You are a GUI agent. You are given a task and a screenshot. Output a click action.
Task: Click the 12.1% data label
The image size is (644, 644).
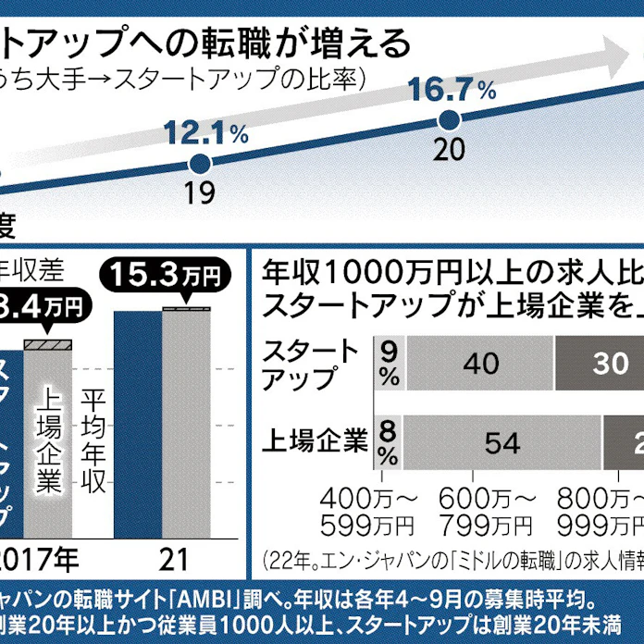[208, 133]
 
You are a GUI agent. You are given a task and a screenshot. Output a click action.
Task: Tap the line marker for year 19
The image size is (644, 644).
[198, 164]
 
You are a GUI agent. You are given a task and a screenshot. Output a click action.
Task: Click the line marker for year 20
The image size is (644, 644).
[449, 119]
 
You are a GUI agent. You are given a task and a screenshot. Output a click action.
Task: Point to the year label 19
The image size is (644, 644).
[199, 192]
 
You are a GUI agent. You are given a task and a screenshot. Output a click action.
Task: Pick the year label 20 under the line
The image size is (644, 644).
[449, 148]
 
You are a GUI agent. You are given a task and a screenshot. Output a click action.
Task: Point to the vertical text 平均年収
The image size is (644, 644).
[92, 440]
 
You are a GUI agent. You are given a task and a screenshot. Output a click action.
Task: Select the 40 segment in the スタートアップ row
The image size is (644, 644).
[481, 365]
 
